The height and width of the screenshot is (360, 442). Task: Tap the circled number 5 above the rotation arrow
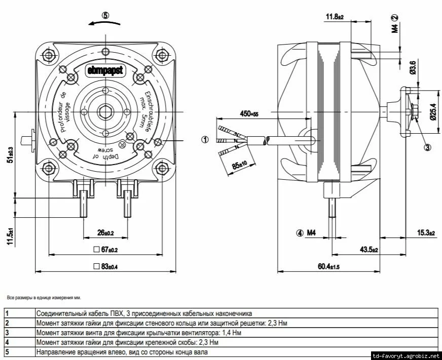pos(105,15)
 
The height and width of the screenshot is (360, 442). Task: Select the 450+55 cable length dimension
pos(249,114)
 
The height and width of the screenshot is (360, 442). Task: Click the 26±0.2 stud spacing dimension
pos(105,233)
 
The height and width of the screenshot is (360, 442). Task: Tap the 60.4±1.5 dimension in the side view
pos(328,266)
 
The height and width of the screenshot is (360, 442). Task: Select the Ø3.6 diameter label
pos(413,68)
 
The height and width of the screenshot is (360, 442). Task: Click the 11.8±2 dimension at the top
pos(334,17)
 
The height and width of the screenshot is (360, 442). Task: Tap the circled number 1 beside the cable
pos(205,139)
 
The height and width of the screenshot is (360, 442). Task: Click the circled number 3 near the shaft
pos(427,147)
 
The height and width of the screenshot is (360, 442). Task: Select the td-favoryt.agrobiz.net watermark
pos(406,355)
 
